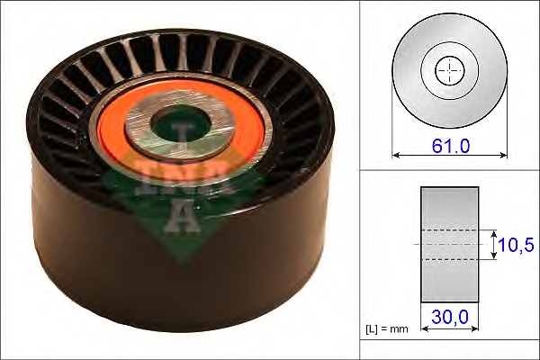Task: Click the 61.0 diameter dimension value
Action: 451,146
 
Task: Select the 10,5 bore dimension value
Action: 516,245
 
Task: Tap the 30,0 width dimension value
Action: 450,317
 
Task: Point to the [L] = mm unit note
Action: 387,329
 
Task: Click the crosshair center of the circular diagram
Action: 450,70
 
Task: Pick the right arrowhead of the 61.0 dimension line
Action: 504,156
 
